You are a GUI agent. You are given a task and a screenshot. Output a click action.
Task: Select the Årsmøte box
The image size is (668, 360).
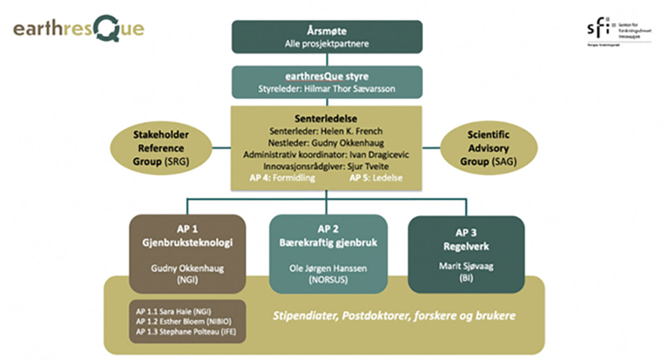[x=327, y=37]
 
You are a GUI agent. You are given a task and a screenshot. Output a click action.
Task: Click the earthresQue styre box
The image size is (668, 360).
[x=327, y=82]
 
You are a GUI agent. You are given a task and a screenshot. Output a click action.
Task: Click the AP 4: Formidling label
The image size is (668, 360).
[x=282, y=178]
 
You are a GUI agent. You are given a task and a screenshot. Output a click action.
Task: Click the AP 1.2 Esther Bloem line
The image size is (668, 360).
[x=183, y=321]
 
